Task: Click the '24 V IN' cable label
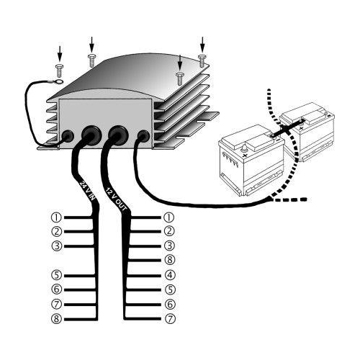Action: (x=87, y=191)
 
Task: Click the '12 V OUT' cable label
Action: (x=116, y=199)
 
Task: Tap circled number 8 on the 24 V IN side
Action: (x=57, y=319)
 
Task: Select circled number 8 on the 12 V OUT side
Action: (x=170, y=260)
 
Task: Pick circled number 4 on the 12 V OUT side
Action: (x=170, y=275)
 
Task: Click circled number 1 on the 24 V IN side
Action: (x=56, y=217)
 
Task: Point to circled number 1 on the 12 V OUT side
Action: (x=169, y=217)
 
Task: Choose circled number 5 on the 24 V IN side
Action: (x=57, y=275)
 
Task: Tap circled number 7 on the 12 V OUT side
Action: (x=170, y=319)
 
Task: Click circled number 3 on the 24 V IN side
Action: (x=57, y=246)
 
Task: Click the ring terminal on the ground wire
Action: (x=59, y=81)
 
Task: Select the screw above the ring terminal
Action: (x=59, y=70)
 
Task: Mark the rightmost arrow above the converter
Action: (x=202, y=45)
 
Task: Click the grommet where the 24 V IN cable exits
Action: (x=90, y=135)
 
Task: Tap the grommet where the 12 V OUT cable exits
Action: (x=117, y=135)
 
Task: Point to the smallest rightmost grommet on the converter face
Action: (x=143, y=136)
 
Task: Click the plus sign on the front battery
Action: (x=245, y=156)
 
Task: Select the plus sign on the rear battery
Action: (x=302, y=128)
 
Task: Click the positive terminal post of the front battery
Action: (x=243, y=149)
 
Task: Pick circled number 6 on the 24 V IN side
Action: (x=57, y=289)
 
